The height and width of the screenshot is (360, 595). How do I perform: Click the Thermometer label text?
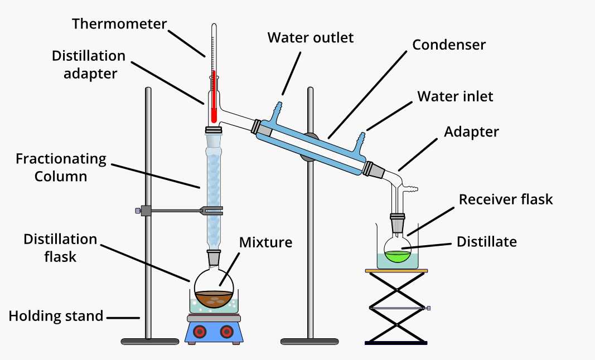click(119, 24)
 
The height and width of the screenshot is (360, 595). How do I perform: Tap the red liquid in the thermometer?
click(214, 95)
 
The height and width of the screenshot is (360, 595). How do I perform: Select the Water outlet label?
click(311, 38)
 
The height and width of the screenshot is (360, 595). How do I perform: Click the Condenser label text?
click(449, 45)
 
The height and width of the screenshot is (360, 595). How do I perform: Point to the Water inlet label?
click(455, 96)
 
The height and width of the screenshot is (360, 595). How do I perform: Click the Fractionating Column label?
click(61, 168)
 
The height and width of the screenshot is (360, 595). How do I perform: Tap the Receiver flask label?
click(506, 199)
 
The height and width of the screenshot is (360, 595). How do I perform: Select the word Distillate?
click(486, 242)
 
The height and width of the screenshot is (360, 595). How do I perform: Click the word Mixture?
click(265, 242)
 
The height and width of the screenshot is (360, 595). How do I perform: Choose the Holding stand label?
click(56, 316)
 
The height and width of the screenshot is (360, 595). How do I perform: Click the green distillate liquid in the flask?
click(398, 257)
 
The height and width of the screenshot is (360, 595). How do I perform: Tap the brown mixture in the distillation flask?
click(214, 299)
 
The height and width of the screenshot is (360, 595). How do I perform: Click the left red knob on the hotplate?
click(199, 332)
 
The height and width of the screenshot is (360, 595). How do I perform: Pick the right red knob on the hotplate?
click(226, 332)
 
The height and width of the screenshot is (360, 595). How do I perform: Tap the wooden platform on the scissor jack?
click(396, 271)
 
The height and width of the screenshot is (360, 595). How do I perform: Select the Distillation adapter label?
click(89, 65)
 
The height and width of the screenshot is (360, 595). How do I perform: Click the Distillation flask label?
click(60, 248)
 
